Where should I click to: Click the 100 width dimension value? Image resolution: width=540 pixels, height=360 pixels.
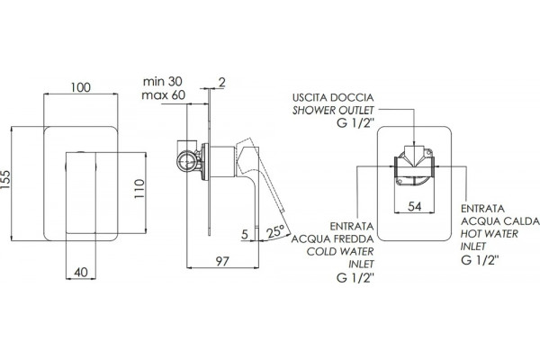[x=81, y=87]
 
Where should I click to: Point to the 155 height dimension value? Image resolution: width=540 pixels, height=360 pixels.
[x=6, y=179]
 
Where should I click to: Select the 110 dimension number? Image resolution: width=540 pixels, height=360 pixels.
[x=139, y=188]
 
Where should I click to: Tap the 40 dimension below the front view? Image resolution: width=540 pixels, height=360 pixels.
[x=81, y=273]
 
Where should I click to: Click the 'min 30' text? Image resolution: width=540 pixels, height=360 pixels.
[x=163, y=82]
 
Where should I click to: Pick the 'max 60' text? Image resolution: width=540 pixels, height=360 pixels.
[x=163, y=94]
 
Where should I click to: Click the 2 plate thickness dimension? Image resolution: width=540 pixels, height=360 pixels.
[x=222, y=82]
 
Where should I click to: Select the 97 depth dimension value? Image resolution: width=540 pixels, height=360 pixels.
[x=222, y=262]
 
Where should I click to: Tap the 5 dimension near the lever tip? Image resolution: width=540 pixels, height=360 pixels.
[x=245, y=235]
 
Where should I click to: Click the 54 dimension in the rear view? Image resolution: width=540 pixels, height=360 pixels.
[x=415, y=206]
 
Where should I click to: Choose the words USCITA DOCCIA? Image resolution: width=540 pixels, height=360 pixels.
[x=333, y=97]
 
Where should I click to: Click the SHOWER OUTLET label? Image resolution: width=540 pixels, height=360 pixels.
[x=333, y=111]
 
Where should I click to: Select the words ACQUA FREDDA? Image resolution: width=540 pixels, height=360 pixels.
[x=332, y=238]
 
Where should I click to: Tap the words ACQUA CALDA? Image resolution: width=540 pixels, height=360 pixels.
[x=500, y=221]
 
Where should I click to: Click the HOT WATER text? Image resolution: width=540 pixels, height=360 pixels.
[x=490, y=234]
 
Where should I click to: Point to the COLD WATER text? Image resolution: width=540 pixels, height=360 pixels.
[x=340, y=251]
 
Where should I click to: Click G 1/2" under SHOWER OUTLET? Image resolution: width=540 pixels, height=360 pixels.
[x=355, y=123]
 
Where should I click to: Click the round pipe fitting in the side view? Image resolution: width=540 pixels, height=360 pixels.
[x=186, y=161]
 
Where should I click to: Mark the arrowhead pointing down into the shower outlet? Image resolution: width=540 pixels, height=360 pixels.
[x=414, y=145]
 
